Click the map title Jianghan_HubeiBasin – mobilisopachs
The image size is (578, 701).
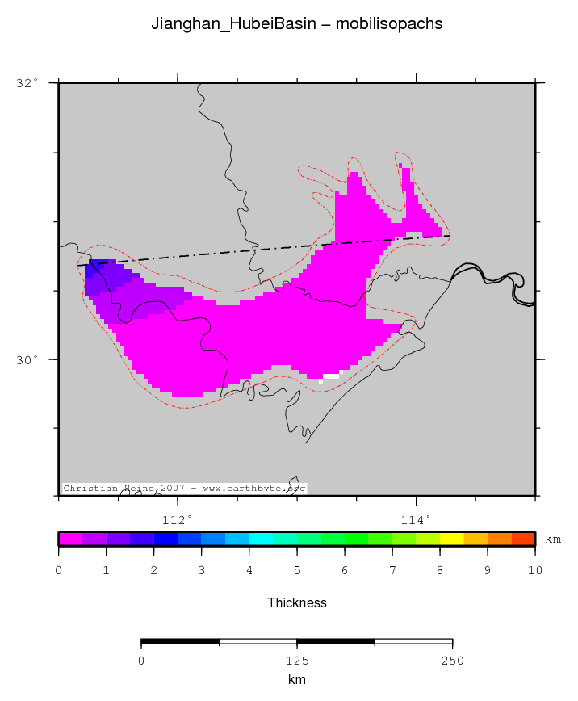[x=296, y=24]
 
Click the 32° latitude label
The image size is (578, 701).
[x=27, y=82]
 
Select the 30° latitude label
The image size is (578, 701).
[x=27, y=359]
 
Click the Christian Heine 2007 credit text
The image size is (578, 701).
[x=184, y=489]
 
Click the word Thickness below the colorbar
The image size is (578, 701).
[x=296, y=602]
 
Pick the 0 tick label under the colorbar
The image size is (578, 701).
[x=58, y=571]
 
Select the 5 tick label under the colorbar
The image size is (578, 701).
[x=297, y=571]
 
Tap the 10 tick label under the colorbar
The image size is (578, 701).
[x=534, y=571]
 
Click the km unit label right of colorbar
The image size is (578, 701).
[x=553, y=539]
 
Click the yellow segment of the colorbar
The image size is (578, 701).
[x=451, y=539]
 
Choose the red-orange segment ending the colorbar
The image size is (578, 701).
[x=523, y=539]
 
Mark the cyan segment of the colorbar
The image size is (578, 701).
[x=261, y=539]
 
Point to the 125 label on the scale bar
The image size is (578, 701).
[x=296, y=661]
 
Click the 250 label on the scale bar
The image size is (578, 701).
[x=452, y=661]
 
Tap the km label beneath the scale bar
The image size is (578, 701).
[x=296, y=680]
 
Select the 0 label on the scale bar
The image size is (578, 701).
[x=141, y=661]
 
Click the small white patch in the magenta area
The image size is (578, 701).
[x=331, y=376]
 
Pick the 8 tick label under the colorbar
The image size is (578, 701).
[x=440, y=571]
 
